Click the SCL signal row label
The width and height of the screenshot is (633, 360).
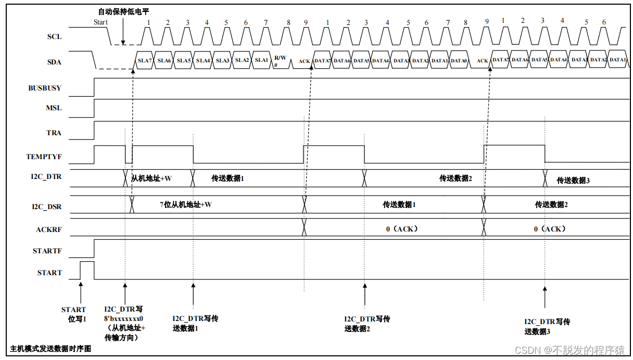click(54, 37)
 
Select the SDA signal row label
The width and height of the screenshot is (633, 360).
click(54, 62)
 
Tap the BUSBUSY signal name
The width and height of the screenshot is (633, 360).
click(45, 88)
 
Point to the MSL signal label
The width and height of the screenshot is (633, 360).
click(54, 108)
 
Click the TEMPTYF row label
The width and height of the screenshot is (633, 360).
click(44, 157)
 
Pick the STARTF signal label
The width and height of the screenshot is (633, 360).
click(47, 251)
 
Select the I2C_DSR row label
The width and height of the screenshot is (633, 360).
click(47, 207)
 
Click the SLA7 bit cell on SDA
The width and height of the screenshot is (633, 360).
click(144, 61)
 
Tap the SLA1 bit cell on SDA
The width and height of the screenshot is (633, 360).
click(261, 60)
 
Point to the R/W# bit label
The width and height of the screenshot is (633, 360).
click(280, 61)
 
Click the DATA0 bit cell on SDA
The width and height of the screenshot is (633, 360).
click(458, 61)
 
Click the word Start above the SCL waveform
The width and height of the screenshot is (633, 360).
click(100, 22)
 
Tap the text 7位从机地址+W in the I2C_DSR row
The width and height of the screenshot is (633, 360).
click(185, 204)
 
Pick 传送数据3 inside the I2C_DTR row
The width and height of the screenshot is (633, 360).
click(573, 181)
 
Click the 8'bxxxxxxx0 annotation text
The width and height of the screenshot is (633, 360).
click(123, 319)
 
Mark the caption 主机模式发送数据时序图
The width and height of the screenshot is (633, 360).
click(50, 349)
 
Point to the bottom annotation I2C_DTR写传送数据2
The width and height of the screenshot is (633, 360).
click(366, 324)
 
